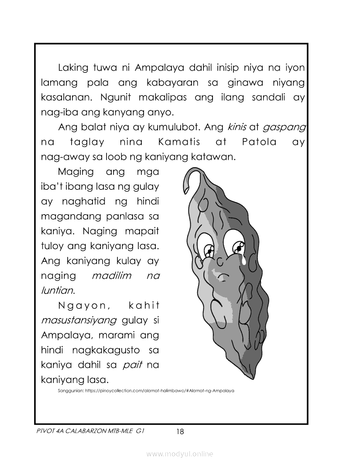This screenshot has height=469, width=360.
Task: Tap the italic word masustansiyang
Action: tap(79, 321)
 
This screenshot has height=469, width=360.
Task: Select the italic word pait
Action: tap(133, 365)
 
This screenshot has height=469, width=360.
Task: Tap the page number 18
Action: tap(180, 432)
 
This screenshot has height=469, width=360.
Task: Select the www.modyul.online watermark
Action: tap(180, 454)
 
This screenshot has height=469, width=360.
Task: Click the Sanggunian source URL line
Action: tap(146, 391)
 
